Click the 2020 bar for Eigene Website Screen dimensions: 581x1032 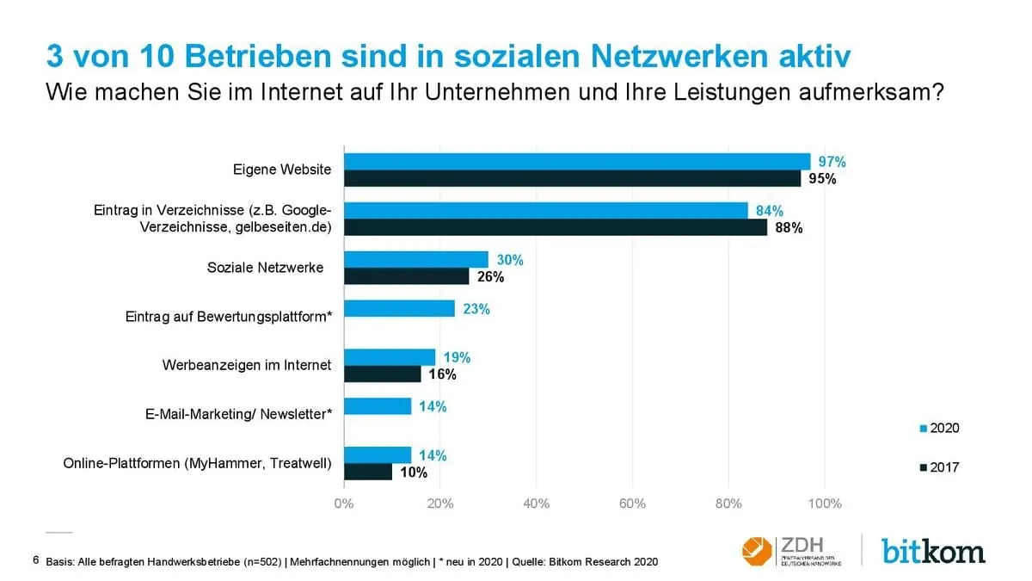point(577,162)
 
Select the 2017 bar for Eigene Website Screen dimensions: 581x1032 point(572,178)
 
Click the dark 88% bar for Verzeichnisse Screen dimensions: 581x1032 point(556,227)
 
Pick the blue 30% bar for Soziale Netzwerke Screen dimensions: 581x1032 point(416,260)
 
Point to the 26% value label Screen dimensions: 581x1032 point(490,277)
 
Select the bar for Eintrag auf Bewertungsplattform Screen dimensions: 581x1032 point(400,309)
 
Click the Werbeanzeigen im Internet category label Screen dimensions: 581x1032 point(247,365)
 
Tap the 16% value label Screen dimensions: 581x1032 point(442,374)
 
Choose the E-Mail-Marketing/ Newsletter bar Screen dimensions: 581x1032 point(378,406)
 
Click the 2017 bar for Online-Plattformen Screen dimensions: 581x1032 point(368,472)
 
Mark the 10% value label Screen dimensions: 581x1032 point(413,472)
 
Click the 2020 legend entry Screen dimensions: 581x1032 point(939,428)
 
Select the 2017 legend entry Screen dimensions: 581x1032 point(939,467)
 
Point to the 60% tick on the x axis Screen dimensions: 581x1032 point(632,504)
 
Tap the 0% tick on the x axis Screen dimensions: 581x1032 point(344,504)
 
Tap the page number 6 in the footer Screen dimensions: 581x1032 point(35,560)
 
